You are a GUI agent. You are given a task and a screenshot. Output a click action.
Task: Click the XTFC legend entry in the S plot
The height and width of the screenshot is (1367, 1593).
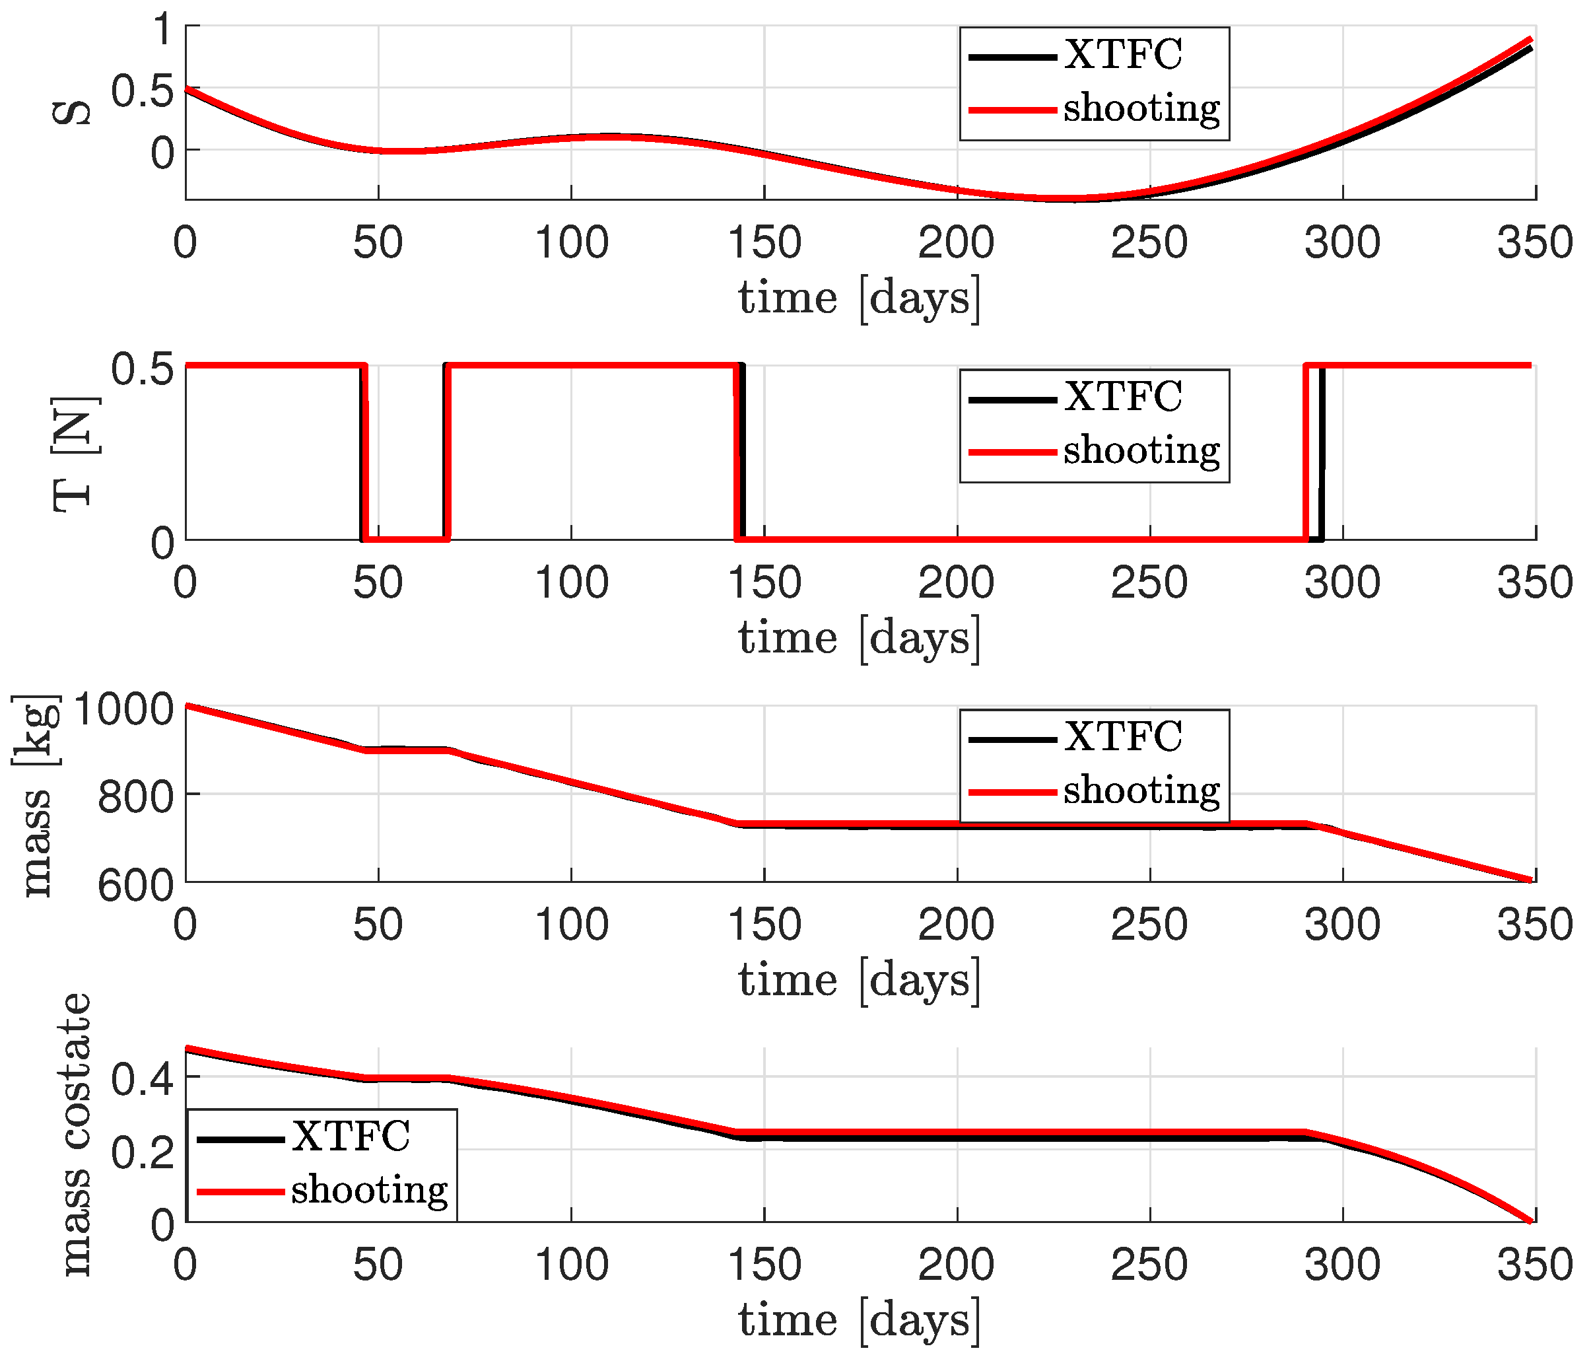1122,55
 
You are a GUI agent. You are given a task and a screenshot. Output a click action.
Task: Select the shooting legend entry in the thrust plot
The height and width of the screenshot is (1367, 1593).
1141,451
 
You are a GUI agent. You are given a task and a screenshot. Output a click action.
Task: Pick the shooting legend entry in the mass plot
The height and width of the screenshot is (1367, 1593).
1141,791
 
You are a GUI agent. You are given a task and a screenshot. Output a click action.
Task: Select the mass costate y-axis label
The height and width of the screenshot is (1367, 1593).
75,1135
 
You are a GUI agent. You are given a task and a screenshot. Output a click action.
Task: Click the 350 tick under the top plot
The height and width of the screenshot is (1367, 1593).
1534,243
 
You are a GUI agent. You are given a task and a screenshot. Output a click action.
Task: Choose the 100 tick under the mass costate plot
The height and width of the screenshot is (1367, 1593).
571,1265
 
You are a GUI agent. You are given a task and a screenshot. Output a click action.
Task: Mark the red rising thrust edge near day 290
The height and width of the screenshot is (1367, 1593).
1305,454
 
